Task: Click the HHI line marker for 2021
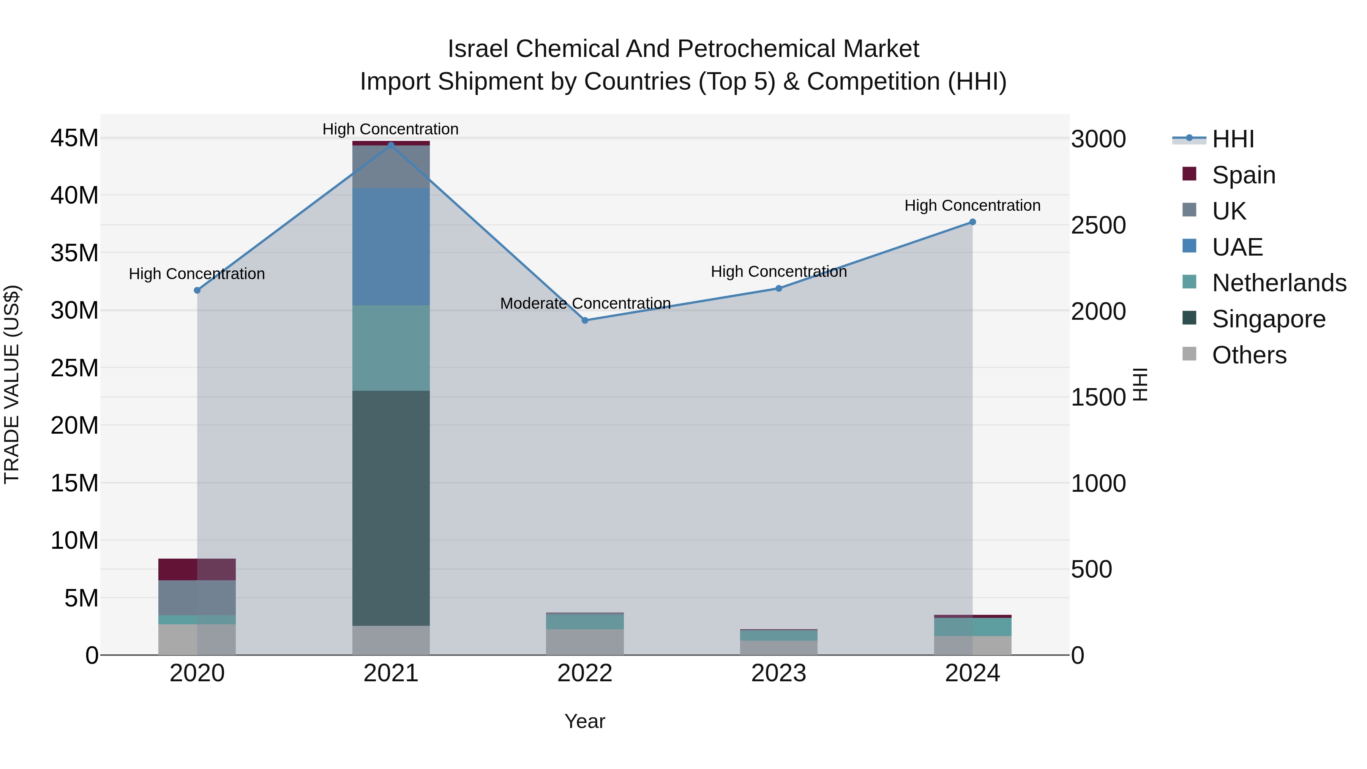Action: (x=391, y=145)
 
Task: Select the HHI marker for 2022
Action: (x=585, y=321)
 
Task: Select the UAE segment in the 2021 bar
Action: (x=391, y=247)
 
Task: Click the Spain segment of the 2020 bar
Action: (x=197, y=570)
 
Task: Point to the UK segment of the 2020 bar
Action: (x=197, y=598)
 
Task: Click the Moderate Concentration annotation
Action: (x=585, y=303)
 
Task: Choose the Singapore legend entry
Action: (x=1268, y=319)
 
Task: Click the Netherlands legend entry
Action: (x=1279, y=283)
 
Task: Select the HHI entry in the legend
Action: (x=1233, y=139)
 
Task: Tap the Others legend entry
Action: (x=1249, y=355)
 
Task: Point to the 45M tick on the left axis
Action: (x=74, y=139)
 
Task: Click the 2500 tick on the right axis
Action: (x=1098, y=226)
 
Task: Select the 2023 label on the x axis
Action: (x=778, y=673)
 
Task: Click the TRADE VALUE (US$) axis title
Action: (x=12, y=384)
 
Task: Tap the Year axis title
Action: (x=585, y=721)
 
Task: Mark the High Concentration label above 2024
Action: (x=972, y=205)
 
